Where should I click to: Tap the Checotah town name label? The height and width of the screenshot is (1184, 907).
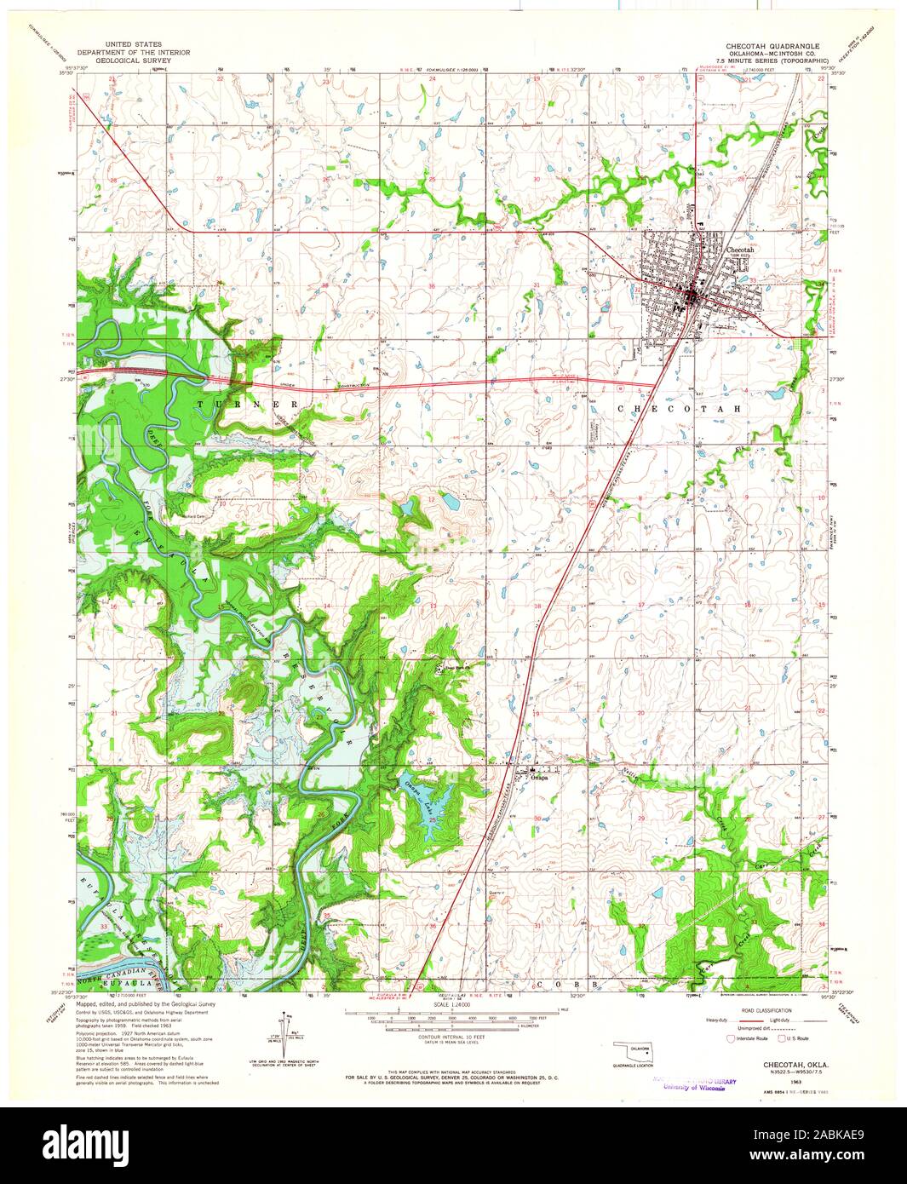[x=740, y=250]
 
